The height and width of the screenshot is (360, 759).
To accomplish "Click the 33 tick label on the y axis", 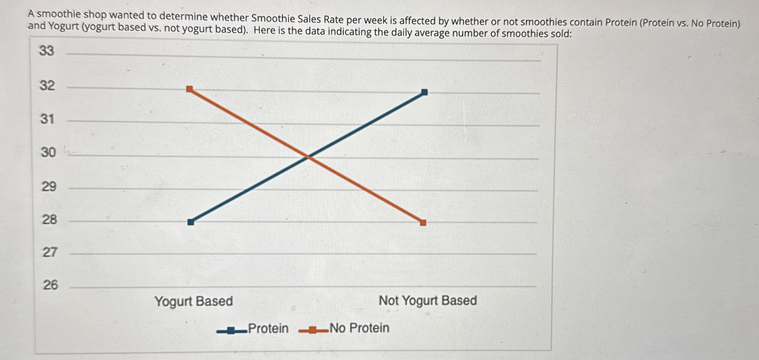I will pos(47,51).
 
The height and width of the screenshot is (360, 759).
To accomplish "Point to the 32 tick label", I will pos(47,86).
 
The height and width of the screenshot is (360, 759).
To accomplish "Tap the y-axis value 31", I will pos(47,119).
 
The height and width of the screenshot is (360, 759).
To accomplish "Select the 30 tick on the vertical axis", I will pos(48,152).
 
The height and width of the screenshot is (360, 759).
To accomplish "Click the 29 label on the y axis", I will pos(49,186).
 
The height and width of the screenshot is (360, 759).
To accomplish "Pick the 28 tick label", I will pos(50,219).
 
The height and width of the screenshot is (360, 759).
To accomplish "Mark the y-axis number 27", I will pos(50,252).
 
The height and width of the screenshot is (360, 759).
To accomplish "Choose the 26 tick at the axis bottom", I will pos(51,285).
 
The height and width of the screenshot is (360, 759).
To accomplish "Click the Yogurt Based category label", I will pos(194,301).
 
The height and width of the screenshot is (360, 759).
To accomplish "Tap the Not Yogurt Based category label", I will pos(428,300).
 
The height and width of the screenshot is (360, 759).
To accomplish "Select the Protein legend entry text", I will pos(268,328).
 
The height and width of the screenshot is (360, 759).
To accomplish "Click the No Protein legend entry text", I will pos(359,328).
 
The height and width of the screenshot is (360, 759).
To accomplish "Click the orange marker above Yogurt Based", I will pos(189,89).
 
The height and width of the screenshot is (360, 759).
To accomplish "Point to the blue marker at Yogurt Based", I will pos(191,222).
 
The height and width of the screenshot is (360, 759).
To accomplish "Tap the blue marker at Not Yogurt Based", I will pos(424,92).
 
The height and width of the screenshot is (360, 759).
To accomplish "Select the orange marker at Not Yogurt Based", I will pos(423,222).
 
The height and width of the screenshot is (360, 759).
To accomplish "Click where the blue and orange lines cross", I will pos(308,156).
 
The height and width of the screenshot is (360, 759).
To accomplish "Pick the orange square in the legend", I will pos(312,331).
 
